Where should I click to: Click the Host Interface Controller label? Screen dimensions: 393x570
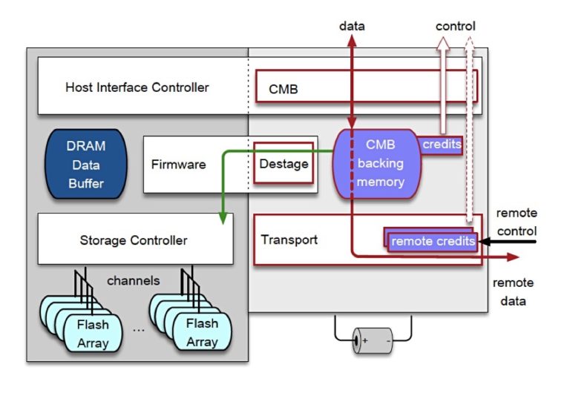(x=137, y=87)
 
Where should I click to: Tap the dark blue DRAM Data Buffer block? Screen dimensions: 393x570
(x=86, y=165)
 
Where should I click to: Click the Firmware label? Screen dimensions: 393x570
(x=178, y=164)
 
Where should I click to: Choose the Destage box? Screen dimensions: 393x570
(x=283, y=163)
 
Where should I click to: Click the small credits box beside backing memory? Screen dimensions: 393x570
(x=442, y=145)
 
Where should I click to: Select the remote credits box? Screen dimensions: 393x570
(x=433, y=241)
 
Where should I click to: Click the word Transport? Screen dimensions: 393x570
(x=289, y=240)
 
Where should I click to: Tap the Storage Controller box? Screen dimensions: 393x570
(x=134, y=240)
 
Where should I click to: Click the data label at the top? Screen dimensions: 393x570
(x=352, y=27)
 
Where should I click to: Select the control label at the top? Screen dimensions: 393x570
(x=455, y=27)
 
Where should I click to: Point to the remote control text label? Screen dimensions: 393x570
(x=516, y=222)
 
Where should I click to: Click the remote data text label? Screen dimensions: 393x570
(x=513, y=291)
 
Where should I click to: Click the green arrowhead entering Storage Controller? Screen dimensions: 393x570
(x=222, y=218)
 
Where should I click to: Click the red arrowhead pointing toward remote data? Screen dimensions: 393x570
(x=512, y=258)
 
